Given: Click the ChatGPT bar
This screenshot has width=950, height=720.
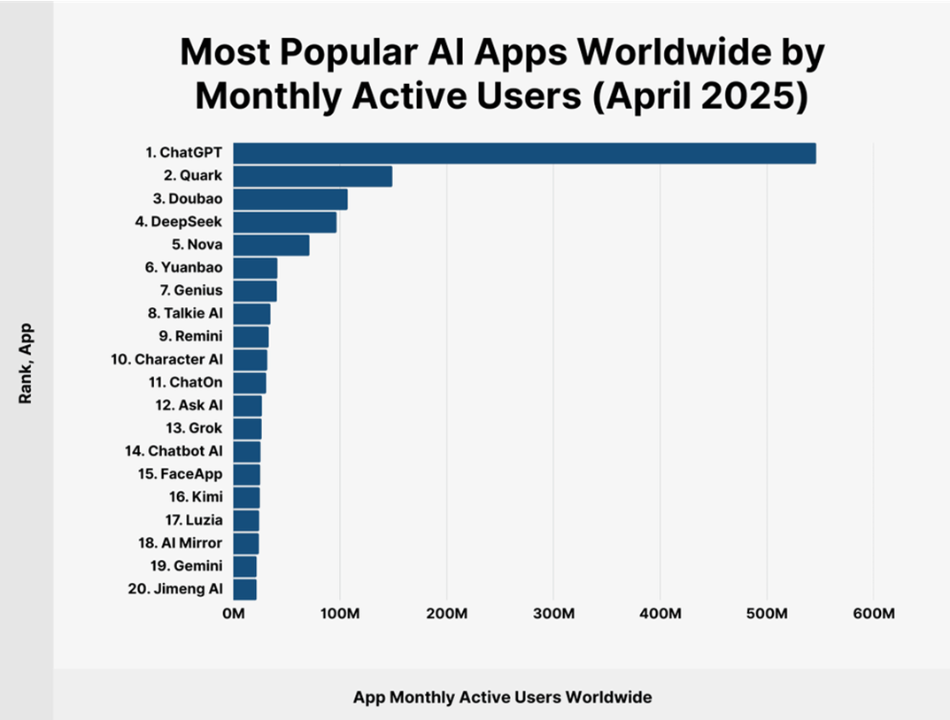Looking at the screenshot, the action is click(x=525, y=154).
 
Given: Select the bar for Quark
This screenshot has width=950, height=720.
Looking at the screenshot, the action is click(x=313, y=177).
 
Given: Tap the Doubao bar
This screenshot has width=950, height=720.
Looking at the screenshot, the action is click(x=290, y=200).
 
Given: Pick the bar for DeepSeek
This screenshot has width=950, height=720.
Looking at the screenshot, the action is click(x=285, y=222).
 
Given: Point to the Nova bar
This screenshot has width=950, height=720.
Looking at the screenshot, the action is click(x=272, y=245).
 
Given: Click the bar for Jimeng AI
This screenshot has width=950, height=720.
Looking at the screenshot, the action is click(x=244, y=589).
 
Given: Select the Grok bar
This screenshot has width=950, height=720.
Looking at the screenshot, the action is click(x=247, y=429).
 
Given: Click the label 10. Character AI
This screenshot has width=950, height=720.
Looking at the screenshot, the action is click(x=166, y=359).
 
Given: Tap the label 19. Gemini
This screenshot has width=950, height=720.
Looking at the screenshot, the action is click(x=187, y=566).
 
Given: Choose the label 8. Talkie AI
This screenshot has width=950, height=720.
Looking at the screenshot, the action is click(x=185, y=313).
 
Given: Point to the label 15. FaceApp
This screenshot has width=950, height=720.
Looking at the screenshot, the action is click(x=180, y=474).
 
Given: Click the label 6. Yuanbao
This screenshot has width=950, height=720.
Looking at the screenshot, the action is click(x=183, y=267).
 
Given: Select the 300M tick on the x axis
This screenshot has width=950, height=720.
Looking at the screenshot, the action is click(x=553, y=614).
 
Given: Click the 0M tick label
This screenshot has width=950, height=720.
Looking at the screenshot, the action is click(x=233, y=614).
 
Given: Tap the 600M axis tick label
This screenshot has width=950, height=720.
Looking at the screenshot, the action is click(x=874, y=614).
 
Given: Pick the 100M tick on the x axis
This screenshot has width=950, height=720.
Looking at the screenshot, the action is click(x=340, y=614).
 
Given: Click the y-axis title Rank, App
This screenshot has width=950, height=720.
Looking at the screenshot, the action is click(x=26, y=364).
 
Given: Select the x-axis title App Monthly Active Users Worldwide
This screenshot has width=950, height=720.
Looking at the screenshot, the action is click(x=502, y=697).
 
